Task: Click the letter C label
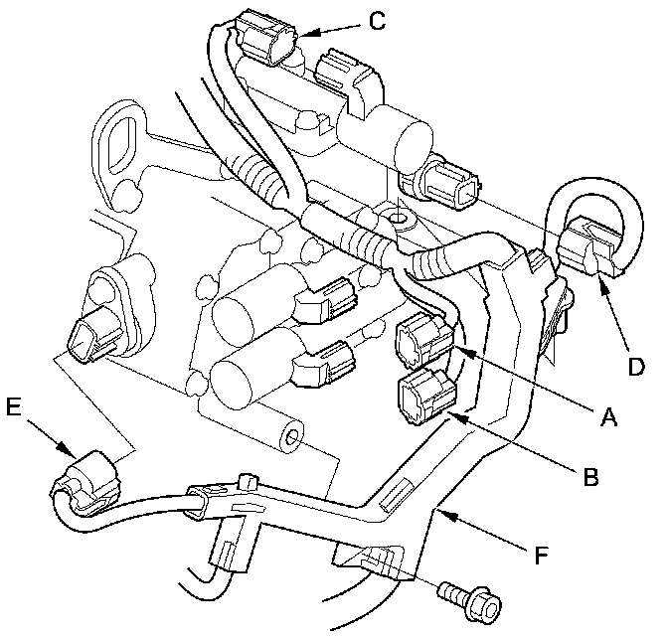[377, 21]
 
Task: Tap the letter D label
[636, 366]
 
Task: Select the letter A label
[608, 416]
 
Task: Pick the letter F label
[541, 555]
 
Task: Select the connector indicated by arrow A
[424, 341]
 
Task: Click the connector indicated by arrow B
[426, 396]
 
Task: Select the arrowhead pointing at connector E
[66, 449]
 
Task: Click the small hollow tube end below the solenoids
[292, 437]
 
